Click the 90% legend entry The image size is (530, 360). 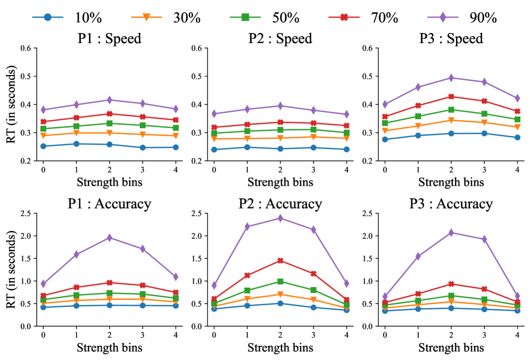pyautogui.click(x=468, y=17)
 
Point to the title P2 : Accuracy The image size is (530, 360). pyautogui.click(x=280, y=204)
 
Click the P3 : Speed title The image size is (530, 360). pyautogui.click(x=451, y=39)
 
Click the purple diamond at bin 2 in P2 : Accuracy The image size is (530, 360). pyautogui.click(x=280, y=218)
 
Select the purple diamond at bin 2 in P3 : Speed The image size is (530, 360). pyautogui.click(x=451, y=78)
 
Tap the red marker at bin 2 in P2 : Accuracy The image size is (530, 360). pyautogui.click(x=280, y=261)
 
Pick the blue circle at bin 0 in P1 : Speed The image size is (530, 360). pyautogui.click(x=43, y=146)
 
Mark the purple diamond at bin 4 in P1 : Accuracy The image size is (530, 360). pyautogui.click(x=176, y=277)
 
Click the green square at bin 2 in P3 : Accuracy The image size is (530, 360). pyautogui.click(x=451, y=296)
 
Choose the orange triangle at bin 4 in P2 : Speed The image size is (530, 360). pyautogui.click(x=346, y=138)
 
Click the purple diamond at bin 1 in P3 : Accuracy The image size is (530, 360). pyautogui.click(x=418, y=256)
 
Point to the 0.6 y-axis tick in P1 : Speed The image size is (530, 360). pyautogui.click(x=28, y=48)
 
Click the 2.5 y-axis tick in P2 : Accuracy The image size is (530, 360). pyautogui.click(x=198, y=214)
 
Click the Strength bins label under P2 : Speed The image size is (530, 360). pyautogui.click(x=280, y=182)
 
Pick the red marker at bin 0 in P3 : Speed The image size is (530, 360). pyautogui.click(x=385, y=116)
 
